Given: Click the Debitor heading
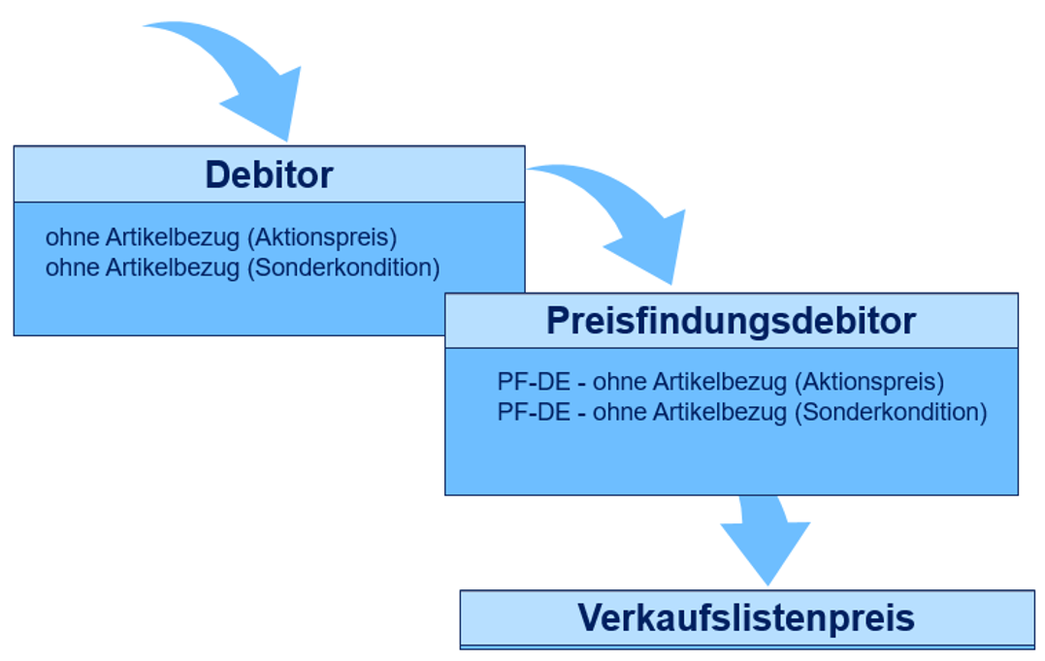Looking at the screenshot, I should tap(269, 175).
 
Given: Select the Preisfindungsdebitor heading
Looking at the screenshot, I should tap(731, 321).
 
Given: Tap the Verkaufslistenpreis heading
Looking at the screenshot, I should tap(746, 617).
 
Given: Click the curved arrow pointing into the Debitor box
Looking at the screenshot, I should tap(243, 78).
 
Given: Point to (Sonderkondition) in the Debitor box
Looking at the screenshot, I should tap(344, 268).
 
